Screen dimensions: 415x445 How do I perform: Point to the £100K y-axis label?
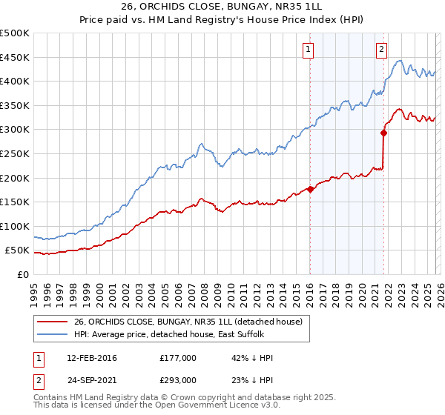(15, 226)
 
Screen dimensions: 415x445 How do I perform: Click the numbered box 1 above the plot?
(308, 50)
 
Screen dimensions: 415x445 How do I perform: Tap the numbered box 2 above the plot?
(381, 50)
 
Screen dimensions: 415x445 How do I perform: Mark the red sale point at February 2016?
(310, 189)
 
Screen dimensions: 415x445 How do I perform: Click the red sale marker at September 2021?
(383, 133)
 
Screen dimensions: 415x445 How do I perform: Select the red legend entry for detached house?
(188, 322)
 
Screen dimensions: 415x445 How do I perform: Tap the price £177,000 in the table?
(177, 358)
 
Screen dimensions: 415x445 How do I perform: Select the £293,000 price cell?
(177, 379)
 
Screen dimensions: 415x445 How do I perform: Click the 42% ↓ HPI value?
(252, 358)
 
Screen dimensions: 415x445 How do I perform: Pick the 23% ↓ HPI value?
(252, 379)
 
